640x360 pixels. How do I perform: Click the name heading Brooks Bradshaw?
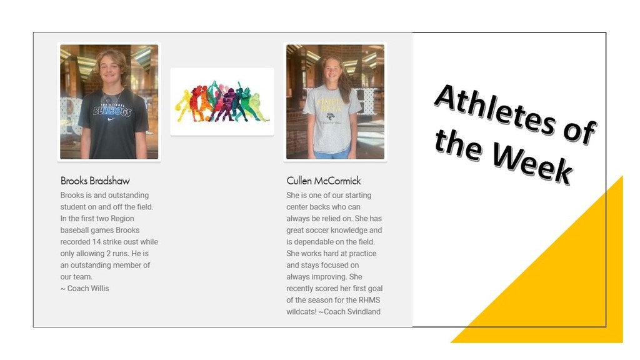[x=95, y=181]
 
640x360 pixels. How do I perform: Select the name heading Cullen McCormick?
[x=324, y=181]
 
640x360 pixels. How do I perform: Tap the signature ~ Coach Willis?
[x=85, y=288]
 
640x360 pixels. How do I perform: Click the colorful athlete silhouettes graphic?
[x=222, y=102]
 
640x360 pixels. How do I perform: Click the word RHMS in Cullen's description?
[x=369, y=300]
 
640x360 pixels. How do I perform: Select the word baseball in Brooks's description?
[x=74, y=230]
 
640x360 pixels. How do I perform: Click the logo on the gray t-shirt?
[x=330, y=117]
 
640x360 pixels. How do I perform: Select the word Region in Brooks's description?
[x=122, y=219]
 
